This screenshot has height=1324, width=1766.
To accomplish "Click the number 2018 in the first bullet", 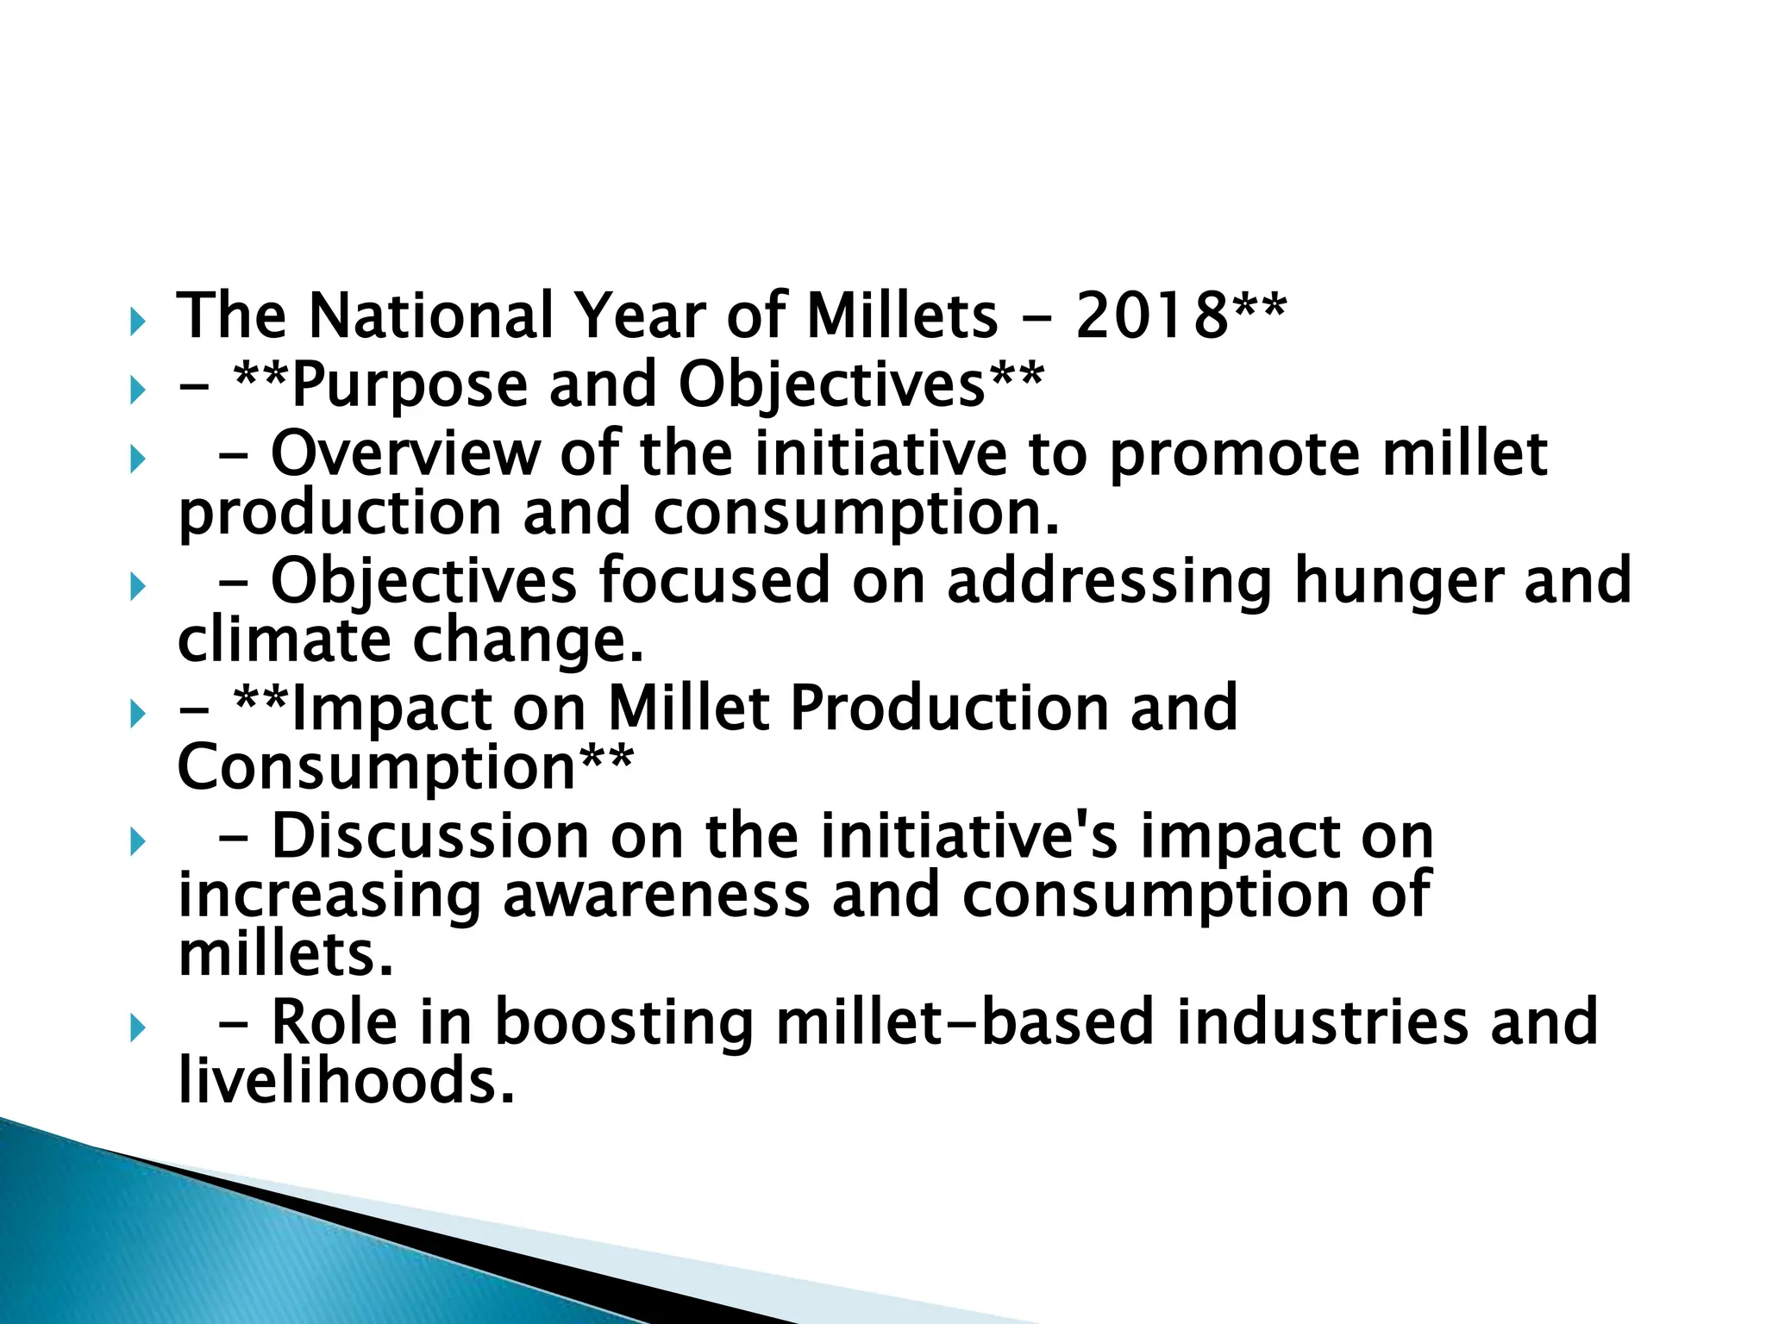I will click(1150, 315).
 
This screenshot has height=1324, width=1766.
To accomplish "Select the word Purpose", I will click(410, 384).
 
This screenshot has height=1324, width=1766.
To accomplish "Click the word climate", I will click(285, 640).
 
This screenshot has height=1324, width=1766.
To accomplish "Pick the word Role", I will click(335, 1022).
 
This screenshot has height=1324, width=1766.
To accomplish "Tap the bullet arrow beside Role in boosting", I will click(137, 1028).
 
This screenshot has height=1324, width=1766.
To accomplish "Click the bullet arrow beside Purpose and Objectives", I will click(137, 392).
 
